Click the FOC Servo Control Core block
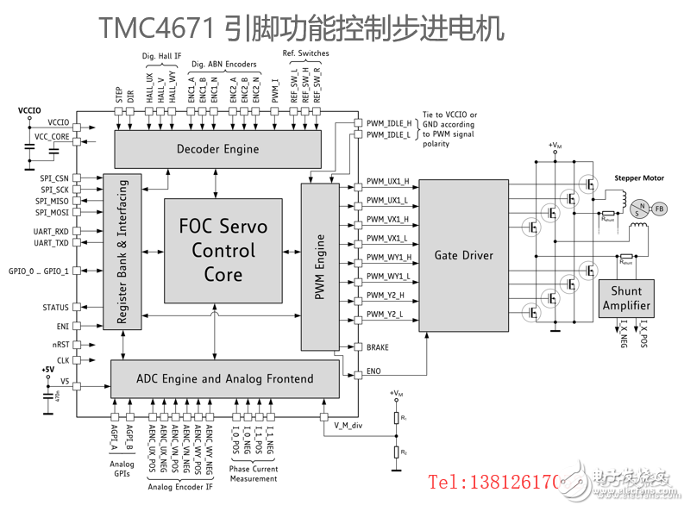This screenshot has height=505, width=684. coord(223,251)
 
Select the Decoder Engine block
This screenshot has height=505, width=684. coord(217,149)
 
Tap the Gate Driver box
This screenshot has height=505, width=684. coord(463,256)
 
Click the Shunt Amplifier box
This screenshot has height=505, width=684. coord(626,298)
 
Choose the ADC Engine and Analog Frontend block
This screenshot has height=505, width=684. coord(224,378)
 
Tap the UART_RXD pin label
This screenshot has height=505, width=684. coord(51,232)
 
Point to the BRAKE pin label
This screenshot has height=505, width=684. coord(377,347)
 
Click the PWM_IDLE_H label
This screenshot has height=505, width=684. coord(388,123)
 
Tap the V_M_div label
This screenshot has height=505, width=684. coord(349,425)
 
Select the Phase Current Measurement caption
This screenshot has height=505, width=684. coord(254,473)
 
